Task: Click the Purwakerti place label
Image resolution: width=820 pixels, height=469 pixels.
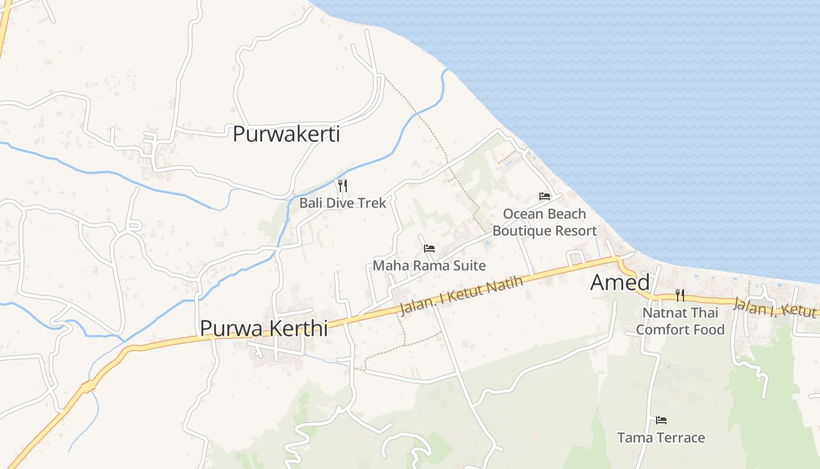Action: [x=286, y=134]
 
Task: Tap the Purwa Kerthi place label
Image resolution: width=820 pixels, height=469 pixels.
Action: [x=264, y=328]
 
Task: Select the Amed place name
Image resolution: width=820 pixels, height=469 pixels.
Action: [x=620, y=283]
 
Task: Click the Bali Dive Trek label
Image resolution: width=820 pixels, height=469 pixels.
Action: [x=343, y=203]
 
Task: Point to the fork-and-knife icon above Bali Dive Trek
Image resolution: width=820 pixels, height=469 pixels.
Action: [x=343, y=186]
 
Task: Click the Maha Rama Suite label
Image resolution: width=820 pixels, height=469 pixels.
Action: [x=429, y=266]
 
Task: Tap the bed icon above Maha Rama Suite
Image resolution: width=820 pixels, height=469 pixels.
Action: [x=429, y=249]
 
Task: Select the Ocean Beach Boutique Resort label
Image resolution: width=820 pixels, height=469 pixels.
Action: [x=544, y=222]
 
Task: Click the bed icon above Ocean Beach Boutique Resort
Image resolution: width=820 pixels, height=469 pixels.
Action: [x=545, y=196]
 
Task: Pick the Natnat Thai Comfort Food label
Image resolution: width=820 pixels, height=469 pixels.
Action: [x=680, y=321]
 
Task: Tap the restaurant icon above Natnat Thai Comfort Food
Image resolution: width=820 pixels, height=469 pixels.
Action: [x=679, y=295]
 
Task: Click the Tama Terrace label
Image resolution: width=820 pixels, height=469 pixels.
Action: [x=661, y=438]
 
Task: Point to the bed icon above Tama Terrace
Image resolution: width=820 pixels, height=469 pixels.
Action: [x=661, y=420]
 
